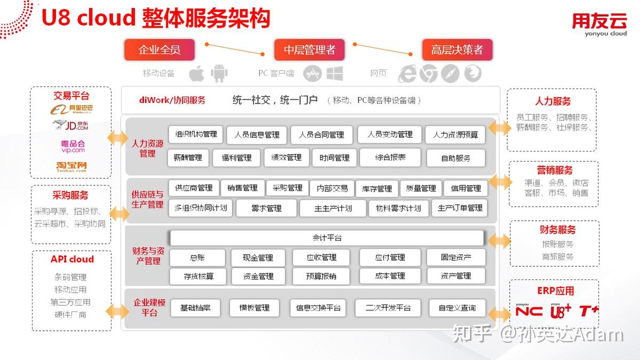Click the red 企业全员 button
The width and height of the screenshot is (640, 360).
click(x=159, y=50)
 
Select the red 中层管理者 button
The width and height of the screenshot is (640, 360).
click(x=309, y=50)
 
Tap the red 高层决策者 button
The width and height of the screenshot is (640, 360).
click(x=457, y=50)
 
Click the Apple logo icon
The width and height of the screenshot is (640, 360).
click(x=196, y=74)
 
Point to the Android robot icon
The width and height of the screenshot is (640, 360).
click(x=219, y=74)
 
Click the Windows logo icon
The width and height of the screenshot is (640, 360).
click(x=334, y=74)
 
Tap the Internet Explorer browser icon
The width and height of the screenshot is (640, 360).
click(x=408, y=74)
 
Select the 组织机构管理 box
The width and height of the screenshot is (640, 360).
click(x=195, y=134)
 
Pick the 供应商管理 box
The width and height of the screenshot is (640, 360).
click(x=194, y=188)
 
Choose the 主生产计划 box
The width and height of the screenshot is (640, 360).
click(x=333, y=208)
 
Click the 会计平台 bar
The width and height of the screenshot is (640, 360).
click(x=327, y=238)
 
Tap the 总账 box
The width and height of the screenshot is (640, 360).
click(x=197, y=258)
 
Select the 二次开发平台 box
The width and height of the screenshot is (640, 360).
click(x=388, y=308)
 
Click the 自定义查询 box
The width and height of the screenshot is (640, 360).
click(x=457, y=308)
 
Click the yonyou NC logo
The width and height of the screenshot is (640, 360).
click(x=529, y=311)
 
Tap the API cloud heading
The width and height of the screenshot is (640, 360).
click(x=72, y=259)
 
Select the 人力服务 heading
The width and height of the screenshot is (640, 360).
click(x=553, y=101)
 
